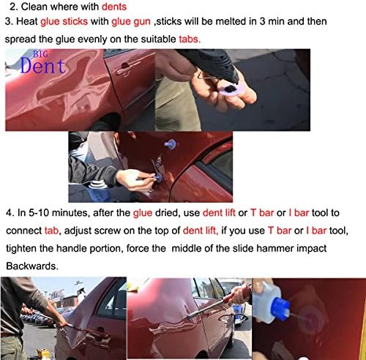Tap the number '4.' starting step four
[9, 214]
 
